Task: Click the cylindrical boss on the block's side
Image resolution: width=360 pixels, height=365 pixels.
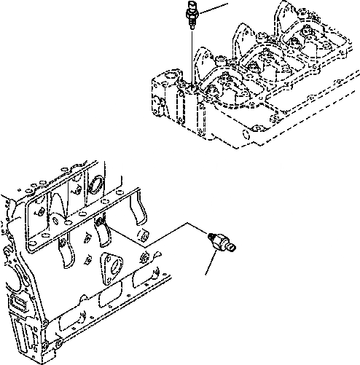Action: pos(146,235)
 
